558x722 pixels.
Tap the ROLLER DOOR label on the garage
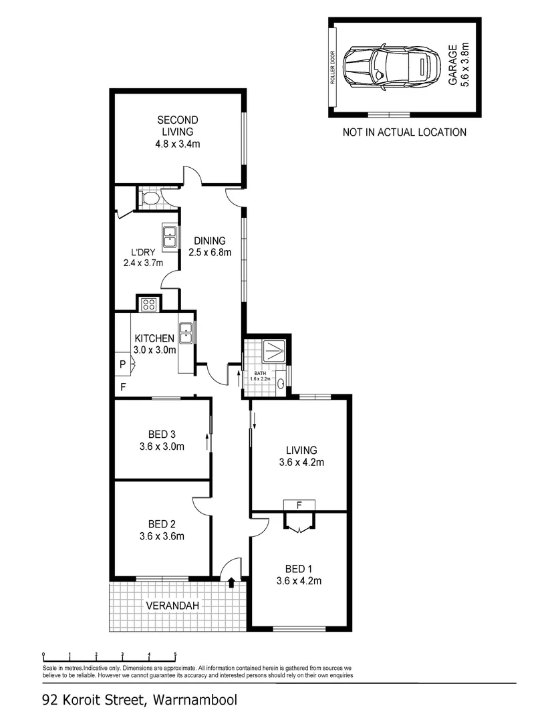(332, 68)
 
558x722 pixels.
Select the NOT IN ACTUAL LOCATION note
(404, 132)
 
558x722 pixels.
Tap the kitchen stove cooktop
(148, 304)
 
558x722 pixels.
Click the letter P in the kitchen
(122, 364)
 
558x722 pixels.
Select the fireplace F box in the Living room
(299, 505)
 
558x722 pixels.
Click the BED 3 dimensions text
(162, 447)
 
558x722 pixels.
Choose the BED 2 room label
(162, 523)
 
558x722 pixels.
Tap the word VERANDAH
(172, 606)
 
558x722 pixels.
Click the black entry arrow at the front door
(232, 582)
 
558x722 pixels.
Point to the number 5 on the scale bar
(175, 654)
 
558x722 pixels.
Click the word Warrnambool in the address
(195, 701)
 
